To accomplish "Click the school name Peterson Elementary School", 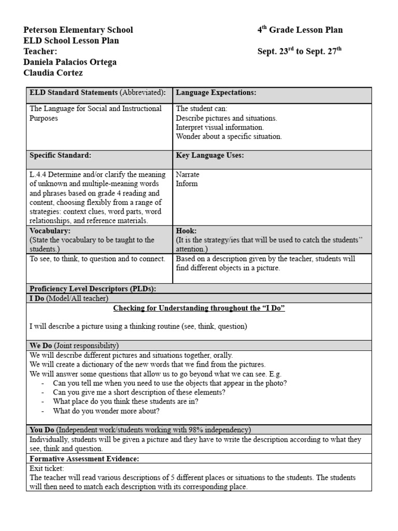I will (78, 30).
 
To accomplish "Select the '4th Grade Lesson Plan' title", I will (300, 30).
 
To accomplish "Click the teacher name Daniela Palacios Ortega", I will (70, 62).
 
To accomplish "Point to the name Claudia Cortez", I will (53, 73).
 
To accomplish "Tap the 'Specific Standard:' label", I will (61, 156).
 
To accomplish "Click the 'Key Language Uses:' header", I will (210, 156).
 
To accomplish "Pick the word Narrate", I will (188, 175).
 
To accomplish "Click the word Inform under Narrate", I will (187, 184).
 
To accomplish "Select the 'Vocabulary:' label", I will (50, 231).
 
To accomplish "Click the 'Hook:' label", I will (186, 231).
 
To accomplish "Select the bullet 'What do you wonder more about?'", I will (106, 411).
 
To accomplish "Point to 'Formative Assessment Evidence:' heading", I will (84, 459).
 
